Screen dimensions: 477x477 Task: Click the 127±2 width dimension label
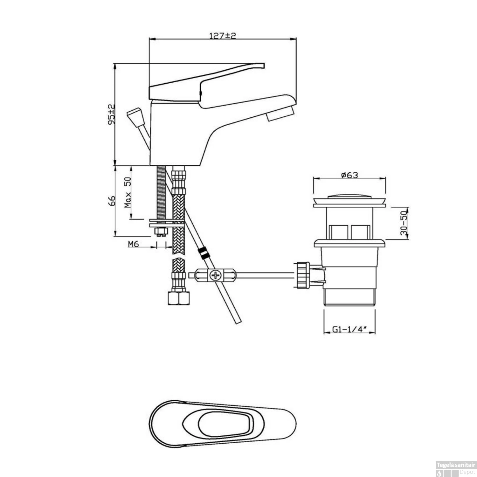pyautogui.click(x=223, y=35)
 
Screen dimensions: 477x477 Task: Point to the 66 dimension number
pyautogui.click(x=112, y=201)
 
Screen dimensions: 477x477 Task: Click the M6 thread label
pyautogui.click(x=134, y=244)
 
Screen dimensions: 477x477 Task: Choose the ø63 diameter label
pyautogui.click(x=349, y=175)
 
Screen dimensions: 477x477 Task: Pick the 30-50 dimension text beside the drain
pyautogui.click(x=404, y=223)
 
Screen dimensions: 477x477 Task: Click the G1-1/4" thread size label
pyautogui.click(x=349, y=329)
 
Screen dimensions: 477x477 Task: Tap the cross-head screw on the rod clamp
pyautogui.click(x=216, y=275)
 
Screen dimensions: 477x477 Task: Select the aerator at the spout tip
pyautogui.click(x=281, y=114)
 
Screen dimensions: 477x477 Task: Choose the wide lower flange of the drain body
pyautogui.click(x=349, y=243)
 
